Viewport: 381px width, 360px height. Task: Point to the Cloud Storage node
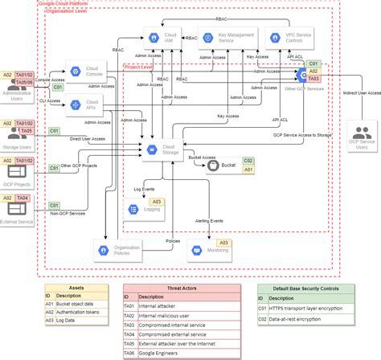click(160, 149)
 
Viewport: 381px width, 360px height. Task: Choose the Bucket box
click(223, 166)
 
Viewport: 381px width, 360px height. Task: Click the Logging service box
click(145, 209)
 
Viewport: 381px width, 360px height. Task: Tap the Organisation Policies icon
click(105, 251)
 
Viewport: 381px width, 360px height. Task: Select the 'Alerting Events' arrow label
click(210, 220)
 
